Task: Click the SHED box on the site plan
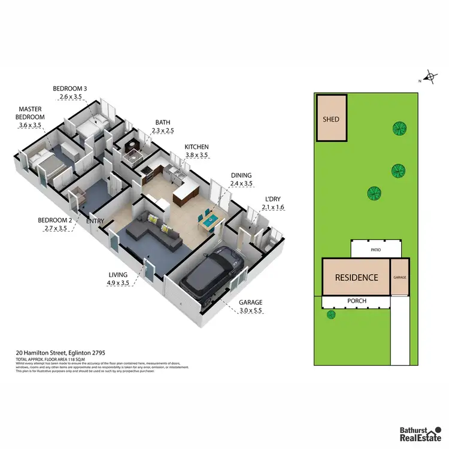coord(331,119)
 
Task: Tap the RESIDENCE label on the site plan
coord(356,277)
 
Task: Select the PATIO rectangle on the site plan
coord(375,248)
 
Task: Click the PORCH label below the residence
coord(357,301)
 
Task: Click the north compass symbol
coord(429,77)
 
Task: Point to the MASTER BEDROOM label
coord(32,113)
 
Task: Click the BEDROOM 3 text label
coord(70,89)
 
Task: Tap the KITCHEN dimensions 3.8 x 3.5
coord(196,155)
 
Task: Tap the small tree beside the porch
coord(331,314)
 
